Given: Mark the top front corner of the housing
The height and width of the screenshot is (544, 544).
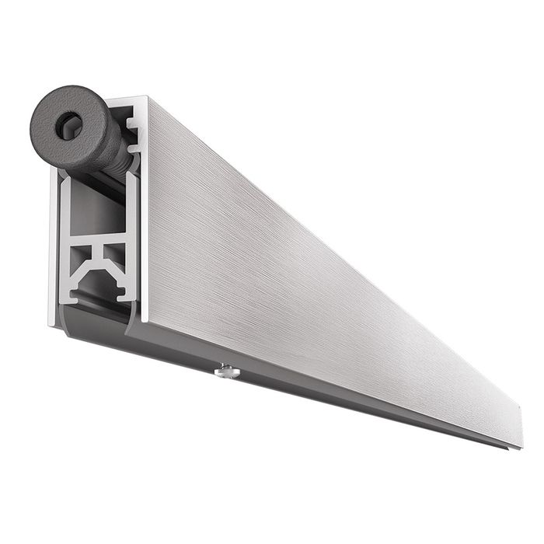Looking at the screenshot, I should coord(145,99).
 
